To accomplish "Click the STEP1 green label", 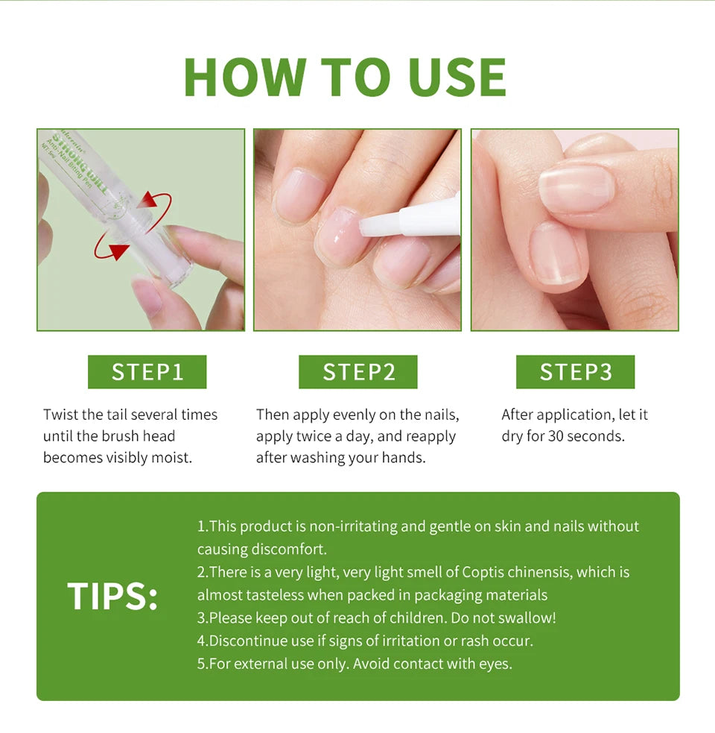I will [147, 371].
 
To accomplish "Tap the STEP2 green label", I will [358, 371].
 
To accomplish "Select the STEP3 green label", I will [575, 371].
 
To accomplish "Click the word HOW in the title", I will [244, 77].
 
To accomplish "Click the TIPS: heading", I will [112, 596].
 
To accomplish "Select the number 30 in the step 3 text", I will [557, 436].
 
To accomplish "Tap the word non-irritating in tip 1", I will [354, 526].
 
